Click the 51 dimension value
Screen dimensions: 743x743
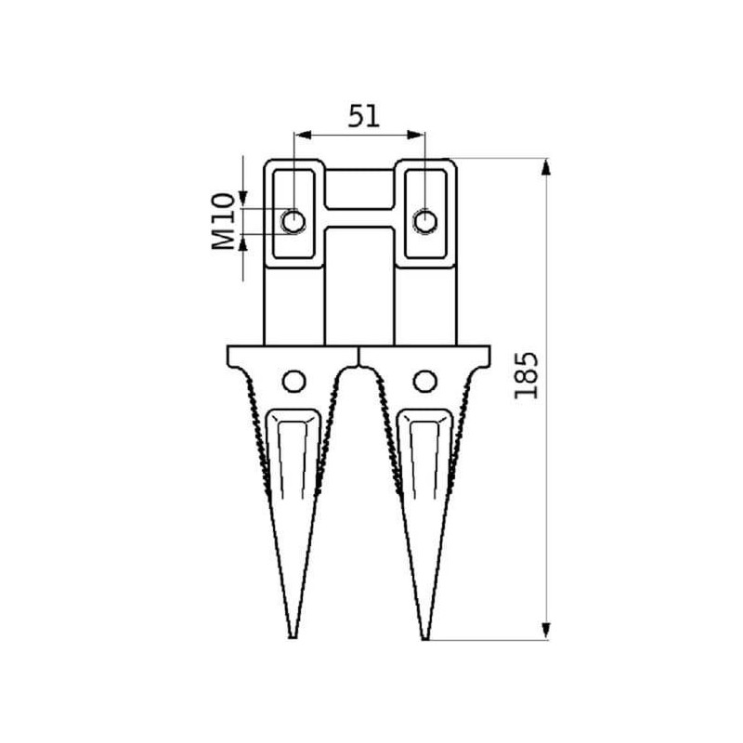point(364,117)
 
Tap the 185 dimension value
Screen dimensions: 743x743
point(527,375)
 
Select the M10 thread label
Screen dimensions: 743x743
point(223,221)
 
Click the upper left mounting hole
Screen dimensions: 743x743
point(293,221)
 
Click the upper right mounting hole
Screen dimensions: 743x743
point(425,221)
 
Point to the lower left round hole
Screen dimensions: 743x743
point(293,381)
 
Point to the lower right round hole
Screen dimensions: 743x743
point(425,381)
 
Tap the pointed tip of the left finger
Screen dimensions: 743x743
point(293,638)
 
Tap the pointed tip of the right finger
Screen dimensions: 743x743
point(425,639)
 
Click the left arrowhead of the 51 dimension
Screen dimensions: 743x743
point(303,135)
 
